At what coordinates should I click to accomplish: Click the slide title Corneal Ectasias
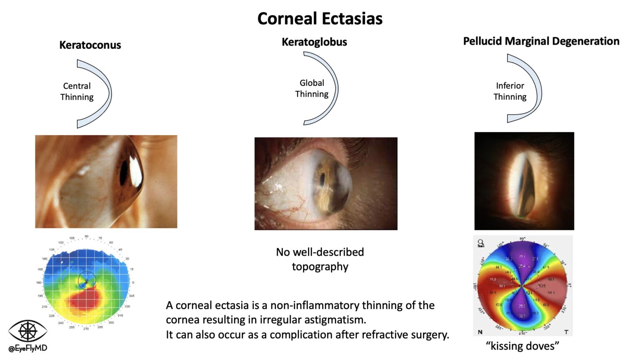tap(320, 19)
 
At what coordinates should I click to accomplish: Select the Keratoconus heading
tap(90, 45)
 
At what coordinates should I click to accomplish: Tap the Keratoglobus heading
tap(314, 42)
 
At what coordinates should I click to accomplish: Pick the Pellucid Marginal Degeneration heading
tap(541, 41)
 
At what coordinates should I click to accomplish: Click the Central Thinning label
tap(77, 91)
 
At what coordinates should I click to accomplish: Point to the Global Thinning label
tap(312, 88)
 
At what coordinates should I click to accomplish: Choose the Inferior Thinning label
tap(510, 91)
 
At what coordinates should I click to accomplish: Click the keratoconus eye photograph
tap(106, 181)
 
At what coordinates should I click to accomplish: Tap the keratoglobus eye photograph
tap(326, 184)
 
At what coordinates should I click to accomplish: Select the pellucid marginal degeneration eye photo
tap(524, 181)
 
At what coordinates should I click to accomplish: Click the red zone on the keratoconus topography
tap(86, 300)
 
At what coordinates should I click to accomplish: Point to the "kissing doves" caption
tap(522, 346)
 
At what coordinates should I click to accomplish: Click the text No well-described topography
tap(320, 259)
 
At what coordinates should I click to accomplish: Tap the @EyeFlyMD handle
tap(28, 348)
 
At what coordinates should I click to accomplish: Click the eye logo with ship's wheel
tap(28, 331)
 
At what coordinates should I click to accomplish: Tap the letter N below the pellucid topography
tap(480, 332)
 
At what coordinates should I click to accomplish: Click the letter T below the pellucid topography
tap(566, 332)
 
